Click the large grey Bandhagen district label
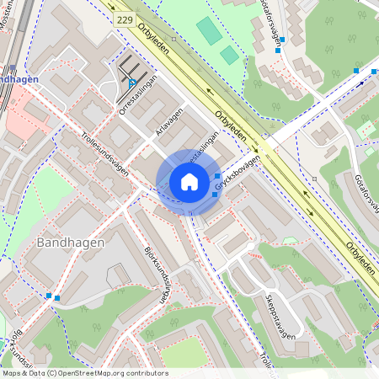tap(71, 243)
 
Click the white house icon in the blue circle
tap(189, 182)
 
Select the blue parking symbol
tap(132, 82)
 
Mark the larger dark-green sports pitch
tap(208, 30)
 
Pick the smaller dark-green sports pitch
tap(229, 55)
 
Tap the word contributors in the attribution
tap(145, 372)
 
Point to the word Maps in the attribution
tap(13, 372)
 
